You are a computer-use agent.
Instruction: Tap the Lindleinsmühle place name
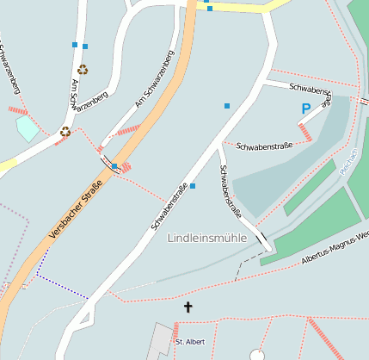(207, 237)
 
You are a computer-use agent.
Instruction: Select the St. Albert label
(189, 342)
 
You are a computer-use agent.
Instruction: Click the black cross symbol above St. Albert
(188, 307)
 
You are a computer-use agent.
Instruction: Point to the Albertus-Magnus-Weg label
(335, 246)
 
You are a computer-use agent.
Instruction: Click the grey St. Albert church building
(159, 341)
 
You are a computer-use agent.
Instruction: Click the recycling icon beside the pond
(65, 132)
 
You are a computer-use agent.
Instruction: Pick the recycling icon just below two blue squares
(83, 70)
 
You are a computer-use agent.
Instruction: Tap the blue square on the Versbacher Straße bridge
(114, 166)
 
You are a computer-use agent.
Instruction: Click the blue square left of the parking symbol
(227, 106)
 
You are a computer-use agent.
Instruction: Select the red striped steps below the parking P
(304, 132)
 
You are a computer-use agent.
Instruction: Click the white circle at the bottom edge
(256, 355)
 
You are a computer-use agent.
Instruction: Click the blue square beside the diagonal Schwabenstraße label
(193, 186)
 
